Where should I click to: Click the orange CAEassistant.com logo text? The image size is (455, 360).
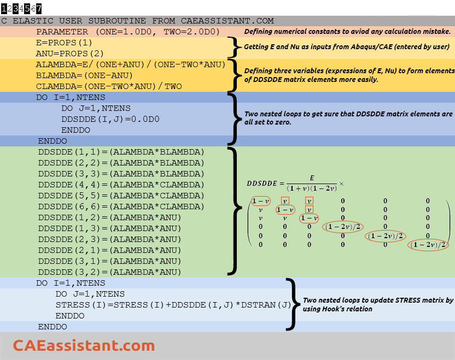tap(84, 345)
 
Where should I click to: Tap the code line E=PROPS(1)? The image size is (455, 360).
tap(64, 43)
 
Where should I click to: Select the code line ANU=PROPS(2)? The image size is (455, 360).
tap(69, 54)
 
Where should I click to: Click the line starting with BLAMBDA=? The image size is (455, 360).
tap(84, 75)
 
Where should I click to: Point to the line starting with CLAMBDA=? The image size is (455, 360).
tap(109, 86)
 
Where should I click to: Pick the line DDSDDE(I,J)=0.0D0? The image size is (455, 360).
tap(110, 119)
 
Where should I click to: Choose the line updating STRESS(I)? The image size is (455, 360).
tap(173, 305)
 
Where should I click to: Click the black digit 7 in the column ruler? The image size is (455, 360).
tap(39, 9)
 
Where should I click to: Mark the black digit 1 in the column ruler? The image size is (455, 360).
tap(4, 9)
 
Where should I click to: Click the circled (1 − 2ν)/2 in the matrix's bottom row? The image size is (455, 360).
tap(428, 245)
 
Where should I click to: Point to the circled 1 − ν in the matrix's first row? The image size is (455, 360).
tap(260, 201)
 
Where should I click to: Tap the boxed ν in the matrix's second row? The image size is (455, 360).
tap(310, 210)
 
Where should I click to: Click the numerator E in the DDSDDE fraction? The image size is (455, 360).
tap(312, 178)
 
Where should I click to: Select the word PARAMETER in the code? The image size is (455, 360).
tap(62, 32)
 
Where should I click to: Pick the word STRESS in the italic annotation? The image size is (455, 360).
tap(406, 300)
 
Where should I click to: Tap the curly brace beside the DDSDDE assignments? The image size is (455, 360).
tap(235, 211)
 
